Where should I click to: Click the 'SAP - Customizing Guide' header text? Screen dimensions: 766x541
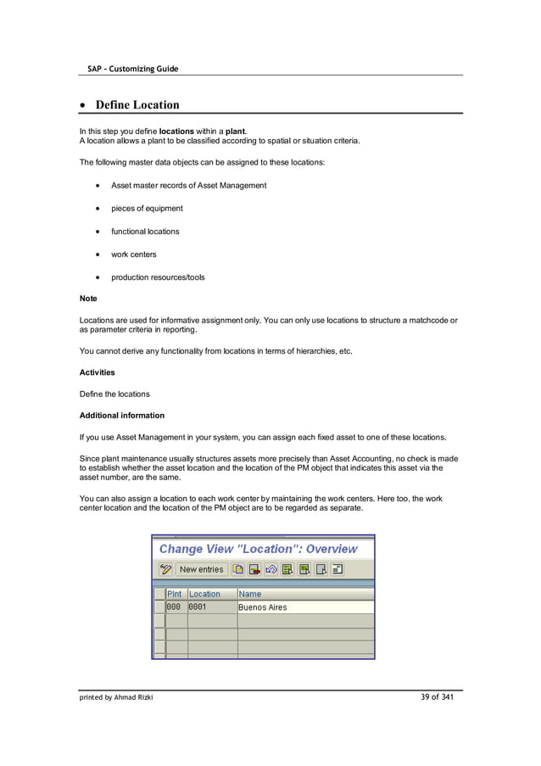[132, 69]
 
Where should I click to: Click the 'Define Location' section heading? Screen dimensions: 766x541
[137, 105]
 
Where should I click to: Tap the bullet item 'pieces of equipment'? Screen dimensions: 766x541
[147, 208]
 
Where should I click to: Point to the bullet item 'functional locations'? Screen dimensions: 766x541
[145, 231]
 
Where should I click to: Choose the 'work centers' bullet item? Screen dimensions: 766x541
[133, 254]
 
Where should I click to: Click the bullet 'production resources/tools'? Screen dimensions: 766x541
[158, 277]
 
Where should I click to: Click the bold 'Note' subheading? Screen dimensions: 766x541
[88, 299]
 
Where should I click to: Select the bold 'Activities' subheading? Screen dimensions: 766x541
[97, 372]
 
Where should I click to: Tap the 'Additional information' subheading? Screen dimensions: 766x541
[121, 416]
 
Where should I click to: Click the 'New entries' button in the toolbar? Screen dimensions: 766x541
[201, 569]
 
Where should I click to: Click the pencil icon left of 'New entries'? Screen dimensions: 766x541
[166, 569]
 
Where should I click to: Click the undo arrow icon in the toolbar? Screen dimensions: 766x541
[270, 569]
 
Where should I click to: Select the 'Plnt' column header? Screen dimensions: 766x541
[175, 594]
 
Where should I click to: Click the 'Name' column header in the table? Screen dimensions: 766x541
[250, 594]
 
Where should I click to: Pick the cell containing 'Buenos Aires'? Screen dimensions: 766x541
[263, 607]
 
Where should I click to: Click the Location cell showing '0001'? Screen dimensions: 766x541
[198, 607]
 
